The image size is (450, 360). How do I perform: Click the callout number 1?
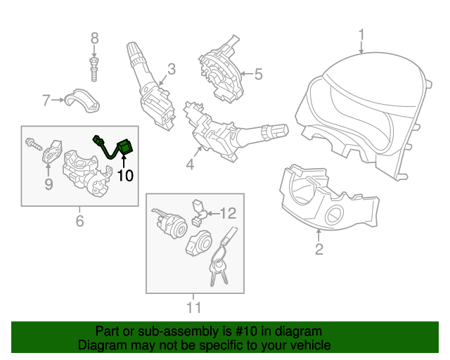click(x=361, y=34)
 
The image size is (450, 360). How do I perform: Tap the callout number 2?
click(x=319, y=249)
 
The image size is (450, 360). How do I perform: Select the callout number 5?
click(x=257, y=73)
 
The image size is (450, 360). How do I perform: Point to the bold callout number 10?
click(x=124, y=175)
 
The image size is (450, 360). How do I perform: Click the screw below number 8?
click(x=94, y=69)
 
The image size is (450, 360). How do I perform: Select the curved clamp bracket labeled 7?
click(x=81, y=101)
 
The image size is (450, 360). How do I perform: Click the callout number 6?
click(x=79, y=221)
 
